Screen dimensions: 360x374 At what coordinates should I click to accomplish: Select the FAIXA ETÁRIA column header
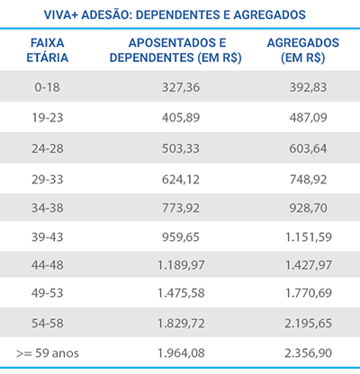click(x=48, y=50)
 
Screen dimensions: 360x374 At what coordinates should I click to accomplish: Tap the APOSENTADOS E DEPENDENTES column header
click(x=175, y=50)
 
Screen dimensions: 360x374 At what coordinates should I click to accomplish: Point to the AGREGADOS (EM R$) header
click(x=303, y=50)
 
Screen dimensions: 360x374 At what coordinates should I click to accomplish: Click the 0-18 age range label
click(x=47, y=87)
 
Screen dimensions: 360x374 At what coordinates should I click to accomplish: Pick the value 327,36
click(x=181, y=87)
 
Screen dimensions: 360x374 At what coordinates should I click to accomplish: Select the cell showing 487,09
click(x=308, y=117)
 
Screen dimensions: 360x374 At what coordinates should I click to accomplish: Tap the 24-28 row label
click(x=48, y=148)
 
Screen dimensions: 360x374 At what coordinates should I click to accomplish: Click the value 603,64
click(x=308, y=148)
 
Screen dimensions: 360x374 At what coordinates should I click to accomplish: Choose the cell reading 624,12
click(x=181, y=179)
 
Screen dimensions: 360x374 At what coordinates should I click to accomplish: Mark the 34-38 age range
click(x=48, y=208)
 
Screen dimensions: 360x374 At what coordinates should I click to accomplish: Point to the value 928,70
click(x=308, y=208)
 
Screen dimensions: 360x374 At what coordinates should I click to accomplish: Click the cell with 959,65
click(x=181, y=237)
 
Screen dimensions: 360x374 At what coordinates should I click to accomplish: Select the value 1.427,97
click(x=309, y=265)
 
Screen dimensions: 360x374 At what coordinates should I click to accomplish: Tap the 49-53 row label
click(x=48, y=293)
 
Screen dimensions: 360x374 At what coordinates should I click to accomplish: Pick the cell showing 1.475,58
click(x=181, y=293)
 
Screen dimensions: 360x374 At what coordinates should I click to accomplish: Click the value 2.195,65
click(x=309, y=324)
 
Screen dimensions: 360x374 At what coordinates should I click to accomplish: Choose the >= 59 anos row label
click(x=48, y=353)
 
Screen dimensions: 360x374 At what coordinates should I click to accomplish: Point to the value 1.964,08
click(x=181, y=353)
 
